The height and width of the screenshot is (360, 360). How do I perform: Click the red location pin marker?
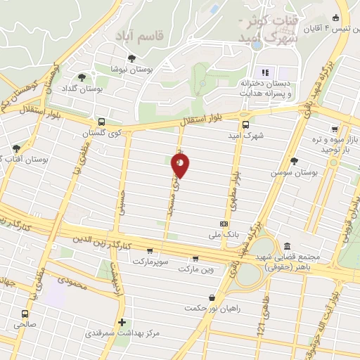180,165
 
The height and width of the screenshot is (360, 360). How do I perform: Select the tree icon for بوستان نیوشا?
131,58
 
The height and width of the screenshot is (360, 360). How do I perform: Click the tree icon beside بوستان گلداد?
82,77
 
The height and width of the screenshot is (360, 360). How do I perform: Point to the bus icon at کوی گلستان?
102,121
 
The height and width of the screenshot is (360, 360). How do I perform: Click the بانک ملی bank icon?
224,224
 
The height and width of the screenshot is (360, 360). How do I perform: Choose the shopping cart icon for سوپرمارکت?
149,250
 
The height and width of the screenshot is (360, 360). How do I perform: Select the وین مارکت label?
195,269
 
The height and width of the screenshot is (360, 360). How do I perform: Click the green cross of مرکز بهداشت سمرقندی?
122,322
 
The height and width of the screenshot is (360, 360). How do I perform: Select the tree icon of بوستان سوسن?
294,161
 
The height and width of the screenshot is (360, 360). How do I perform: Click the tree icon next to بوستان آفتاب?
16,148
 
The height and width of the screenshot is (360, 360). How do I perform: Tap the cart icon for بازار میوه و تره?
335,129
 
